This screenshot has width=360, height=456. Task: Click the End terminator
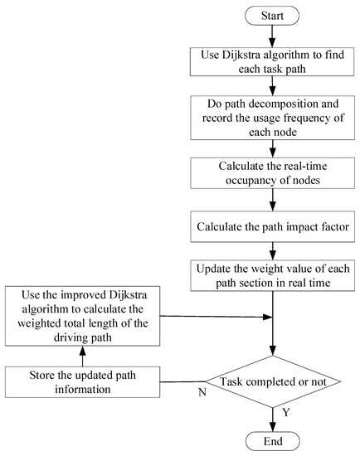(273, 439)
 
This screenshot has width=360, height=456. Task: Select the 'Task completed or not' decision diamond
(273, 382)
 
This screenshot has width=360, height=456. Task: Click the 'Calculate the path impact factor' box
(273, 226)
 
